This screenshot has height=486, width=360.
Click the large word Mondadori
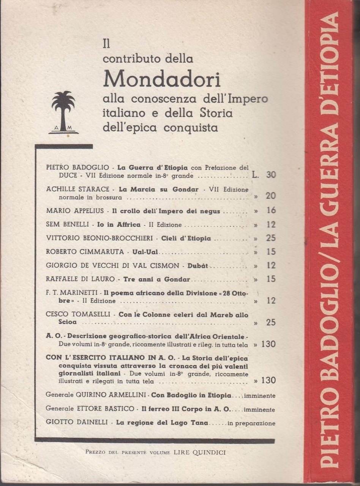click(162, 78)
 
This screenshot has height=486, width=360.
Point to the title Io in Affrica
click(124, 225)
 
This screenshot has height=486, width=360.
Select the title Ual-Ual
click(142, 252)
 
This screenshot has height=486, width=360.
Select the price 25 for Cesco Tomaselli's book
click(271, 323)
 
